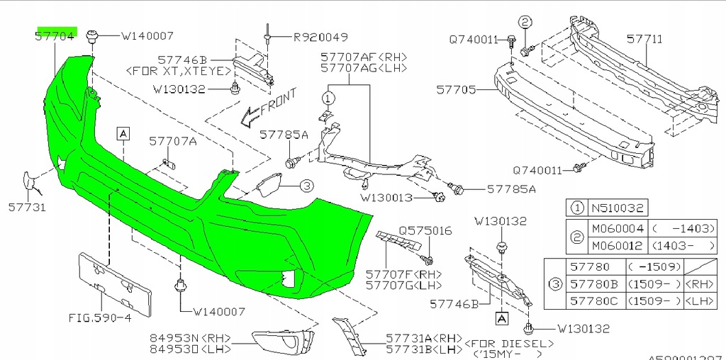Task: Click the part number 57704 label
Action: (56, 35)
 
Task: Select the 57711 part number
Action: (644, 39)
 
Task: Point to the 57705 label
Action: (457, 91)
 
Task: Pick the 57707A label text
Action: (172, 141)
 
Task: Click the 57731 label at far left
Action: (27, 208)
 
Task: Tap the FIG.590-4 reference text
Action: (100, 317)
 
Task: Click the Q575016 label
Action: (425, 231)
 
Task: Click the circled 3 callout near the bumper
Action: (306, 186)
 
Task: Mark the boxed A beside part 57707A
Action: (123, 133)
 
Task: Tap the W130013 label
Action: (386, 198)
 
